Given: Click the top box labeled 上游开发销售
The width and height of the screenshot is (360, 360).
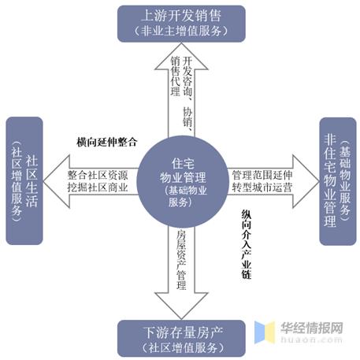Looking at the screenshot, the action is click(181, 24).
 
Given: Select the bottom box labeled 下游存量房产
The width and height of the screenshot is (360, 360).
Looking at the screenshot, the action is click(181, 339).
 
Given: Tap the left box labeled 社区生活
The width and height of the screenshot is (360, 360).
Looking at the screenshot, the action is click(24, 181).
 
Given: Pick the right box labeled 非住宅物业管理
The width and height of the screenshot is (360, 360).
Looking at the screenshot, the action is click(338, 181).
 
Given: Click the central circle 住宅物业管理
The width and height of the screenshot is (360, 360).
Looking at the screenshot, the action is click(183, 182).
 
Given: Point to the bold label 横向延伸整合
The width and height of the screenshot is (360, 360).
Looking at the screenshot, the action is click(107, 142).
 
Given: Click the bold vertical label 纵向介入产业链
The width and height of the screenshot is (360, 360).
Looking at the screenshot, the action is click(247, 244).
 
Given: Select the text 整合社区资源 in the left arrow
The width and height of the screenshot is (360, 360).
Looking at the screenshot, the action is click(98, 175).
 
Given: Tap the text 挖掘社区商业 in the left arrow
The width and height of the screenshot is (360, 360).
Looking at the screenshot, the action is click(98, 187).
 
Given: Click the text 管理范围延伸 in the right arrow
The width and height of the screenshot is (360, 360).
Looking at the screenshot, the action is click(262, 175).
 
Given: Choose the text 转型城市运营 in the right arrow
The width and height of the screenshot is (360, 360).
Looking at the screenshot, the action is click(262, 187).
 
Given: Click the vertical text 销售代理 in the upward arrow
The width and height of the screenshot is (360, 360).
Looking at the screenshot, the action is click(176, 76).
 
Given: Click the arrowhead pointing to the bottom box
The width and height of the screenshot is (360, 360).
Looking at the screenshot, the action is click(181, 306).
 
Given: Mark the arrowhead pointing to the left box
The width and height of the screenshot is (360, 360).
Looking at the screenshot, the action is click(57, 181).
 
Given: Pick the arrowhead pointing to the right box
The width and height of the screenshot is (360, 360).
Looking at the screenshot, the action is click(306, 181).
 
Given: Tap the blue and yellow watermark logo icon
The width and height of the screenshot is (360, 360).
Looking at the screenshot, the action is click(265, 332).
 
